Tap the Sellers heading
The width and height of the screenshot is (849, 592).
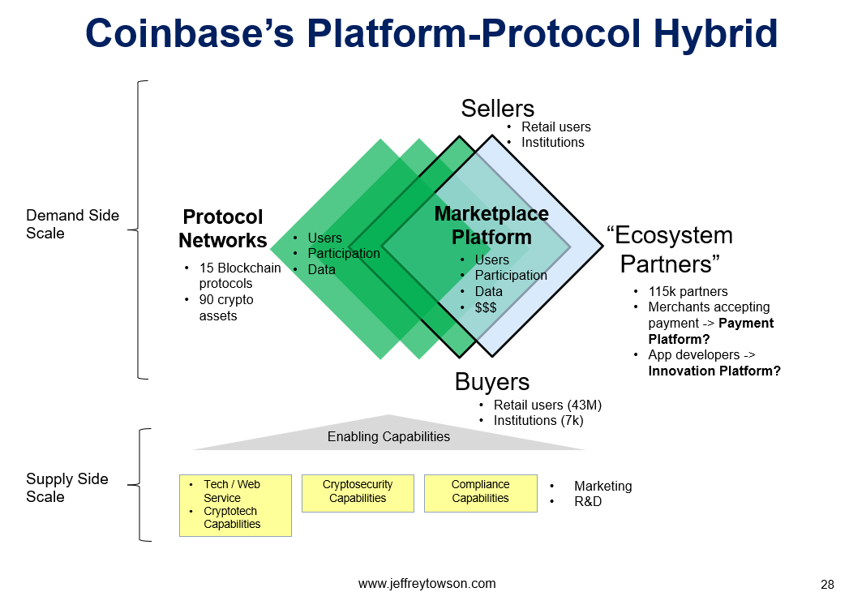[x=498, y=109]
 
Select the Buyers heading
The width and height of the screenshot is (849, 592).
[x=491, y=382]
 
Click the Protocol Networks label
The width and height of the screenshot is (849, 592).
[x=222, y=229]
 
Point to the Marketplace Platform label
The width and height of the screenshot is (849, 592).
[x=491, y=225]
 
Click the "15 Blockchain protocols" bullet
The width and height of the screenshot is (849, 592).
[x=233, y=276]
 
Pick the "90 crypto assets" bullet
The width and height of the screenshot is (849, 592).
[x=219, y=307]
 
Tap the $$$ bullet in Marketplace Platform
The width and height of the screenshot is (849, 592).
[x=478, y=307]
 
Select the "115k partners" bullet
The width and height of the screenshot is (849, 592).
[x=680, y=291]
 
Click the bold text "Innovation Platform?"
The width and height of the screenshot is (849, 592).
[x=714, y=371]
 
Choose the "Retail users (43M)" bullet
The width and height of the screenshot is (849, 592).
[x=540, y=405]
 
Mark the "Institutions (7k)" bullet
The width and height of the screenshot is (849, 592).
[x=531, y=420]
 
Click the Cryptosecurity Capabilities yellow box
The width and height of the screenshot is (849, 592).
[x=358, y=493]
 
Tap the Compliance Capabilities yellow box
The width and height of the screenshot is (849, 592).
[x=480, y=493]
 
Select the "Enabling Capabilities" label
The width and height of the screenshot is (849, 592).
[x=388, y=436]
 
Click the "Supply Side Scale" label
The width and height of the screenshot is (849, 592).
[x=67, y=487]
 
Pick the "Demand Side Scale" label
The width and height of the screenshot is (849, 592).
[x=72, y=225]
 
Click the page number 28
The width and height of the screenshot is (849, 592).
[x=827, y=585]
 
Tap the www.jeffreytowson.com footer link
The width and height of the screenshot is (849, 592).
[x=427, y=583]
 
